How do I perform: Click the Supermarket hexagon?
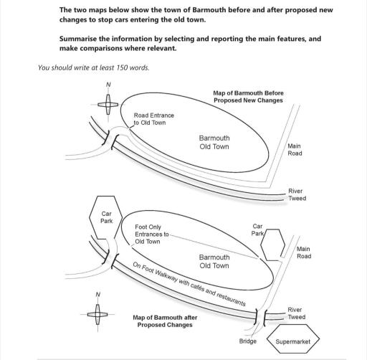(x=293, y=338)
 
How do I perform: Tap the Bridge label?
(x=248, y=341)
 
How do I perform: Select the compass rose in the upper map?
(x=108, y=105)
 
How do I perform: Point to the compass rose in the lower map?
(x=97, y=314)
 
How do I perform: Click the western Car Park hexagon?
(x=105, y=217)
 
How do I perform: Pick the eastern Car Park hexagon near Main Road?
(x=272, y=245)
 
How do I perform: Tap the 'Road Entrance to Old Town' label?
(x=154, y=119)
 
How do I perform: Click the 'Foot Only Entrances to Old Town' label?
(x=152, y=234)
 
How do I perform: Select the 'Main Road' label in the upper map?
(x=295, y=150)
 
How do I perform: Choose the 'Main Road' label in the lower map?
(x=304, y=252)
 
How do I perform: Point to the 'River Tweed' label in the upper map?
(x=297, y=194)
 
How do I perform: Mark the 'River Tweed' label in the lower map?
(x=297, y=313)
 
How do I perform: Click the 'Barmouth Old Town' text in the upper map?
(x=214, y=142)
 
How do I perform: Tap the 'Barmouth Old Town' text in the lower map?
(x=214, y=262)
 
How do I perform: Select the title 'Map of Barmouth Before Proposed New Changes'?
(x=248, y=97)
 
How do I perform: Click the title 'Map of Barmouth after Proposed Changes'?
(x=165, y=321)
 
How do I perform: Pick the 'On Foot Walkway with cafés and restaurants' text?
(x=189, y=284)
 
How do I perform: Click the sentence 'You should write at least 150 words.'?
(x=94, y=67)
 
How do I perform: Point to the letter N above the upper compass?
(x=108, y=85)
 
